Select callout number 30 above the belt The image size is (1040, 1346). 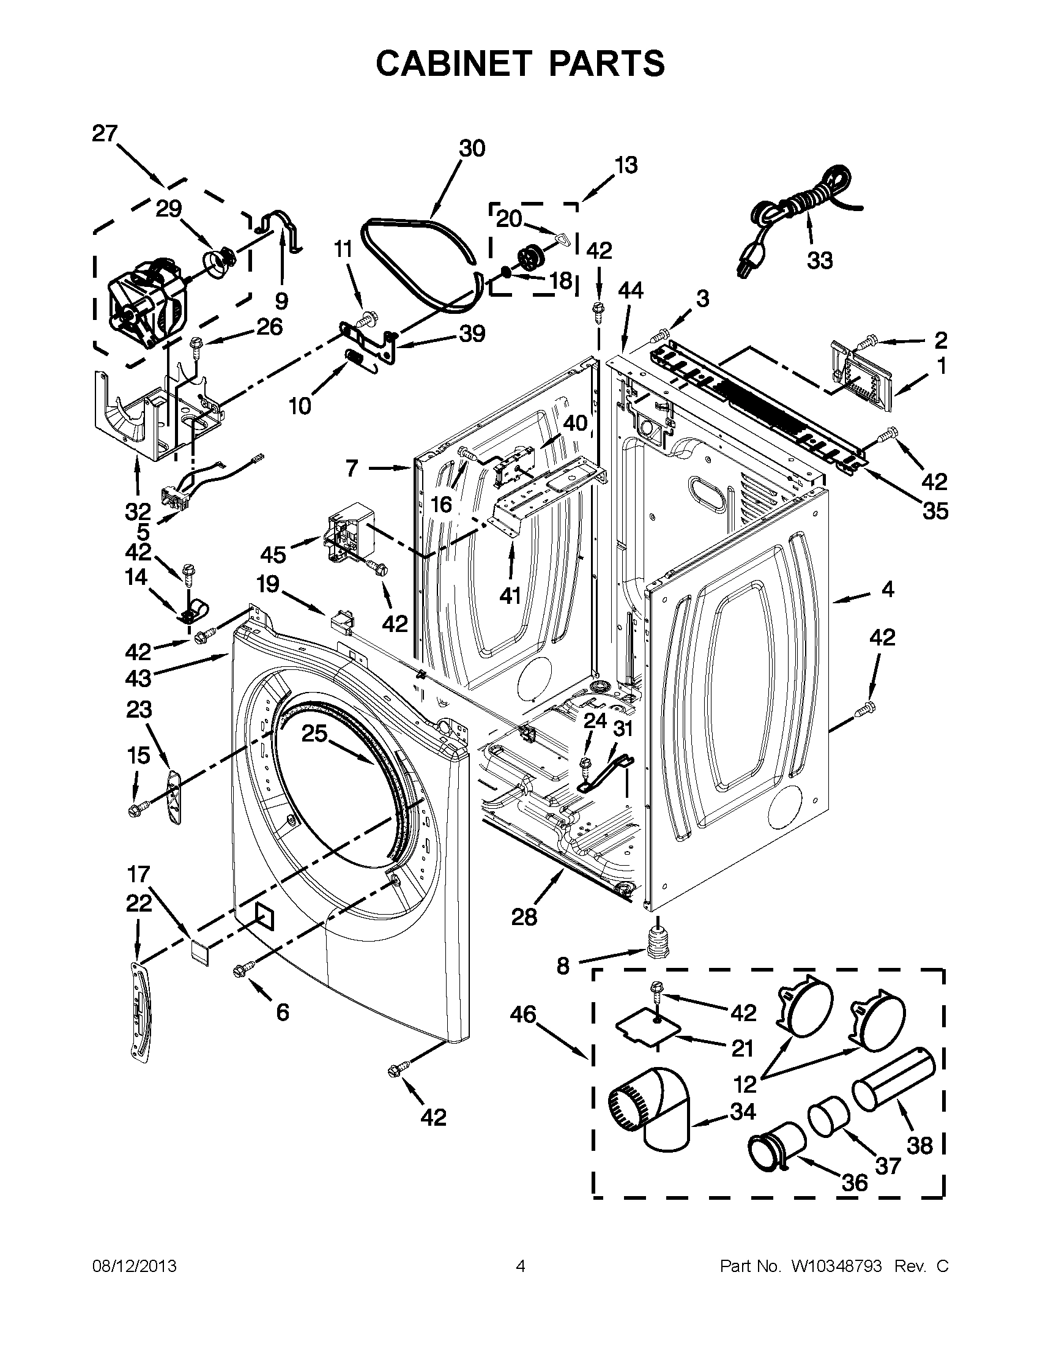[x=472, y=149]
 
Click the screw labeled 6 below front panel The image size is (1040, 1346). [x=241, y=971]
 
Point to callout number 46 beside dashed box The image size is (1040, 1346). [x=523, y=1014]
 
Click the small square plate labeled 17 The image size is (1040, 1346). [x=199, y=951]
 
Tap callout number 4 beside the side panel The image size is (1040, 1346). [x=887, y=590]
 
